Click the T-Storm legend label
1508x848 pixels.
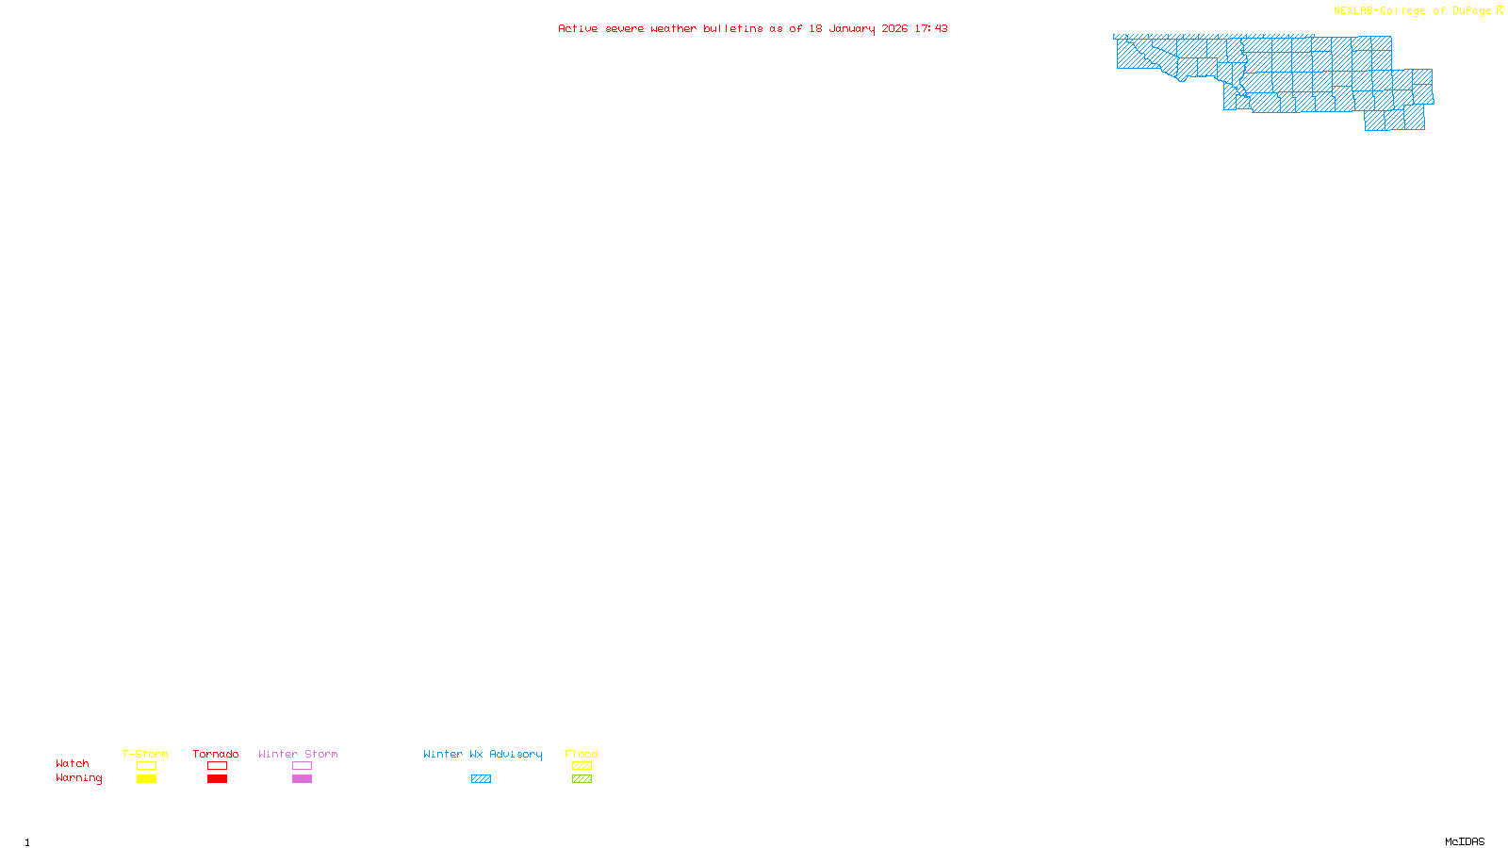click(145, 754)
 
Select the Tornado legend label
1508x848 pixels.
click(216, 754)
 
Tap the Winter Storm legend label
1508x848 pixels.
click(298, 754)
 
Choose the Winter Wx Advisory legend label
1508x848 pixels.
click(483, 754)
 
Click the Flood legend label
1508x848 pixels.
click(582, 754)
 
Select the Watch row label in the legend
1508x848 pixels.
click(73, 763)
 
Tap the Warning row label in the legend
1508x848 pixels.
click(78, 778)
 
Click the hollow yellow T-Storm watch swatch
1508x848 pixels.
click(146, 766)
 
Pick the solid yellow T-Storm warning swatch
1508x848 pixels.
click(146, 779)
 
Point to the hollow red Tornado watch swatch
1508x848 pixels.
click(217, 766)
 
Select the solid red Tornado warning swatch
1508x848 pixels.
click(217, 779)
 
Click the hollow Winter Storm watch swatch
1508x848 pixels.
click(302, 766)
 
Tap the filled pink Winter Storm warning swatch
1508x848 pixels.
click(302, 779)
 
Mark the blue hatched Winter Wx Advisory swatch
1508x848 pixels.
click(481, 779)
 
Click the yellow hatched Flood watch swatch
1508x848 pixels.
click(582, 766)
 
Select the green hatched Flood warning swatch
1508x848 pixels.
click(582, 779)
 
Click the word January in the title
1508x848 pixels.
click(852, 28)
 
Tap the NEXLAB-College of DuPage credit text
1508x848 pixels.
click(1413, 11)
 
